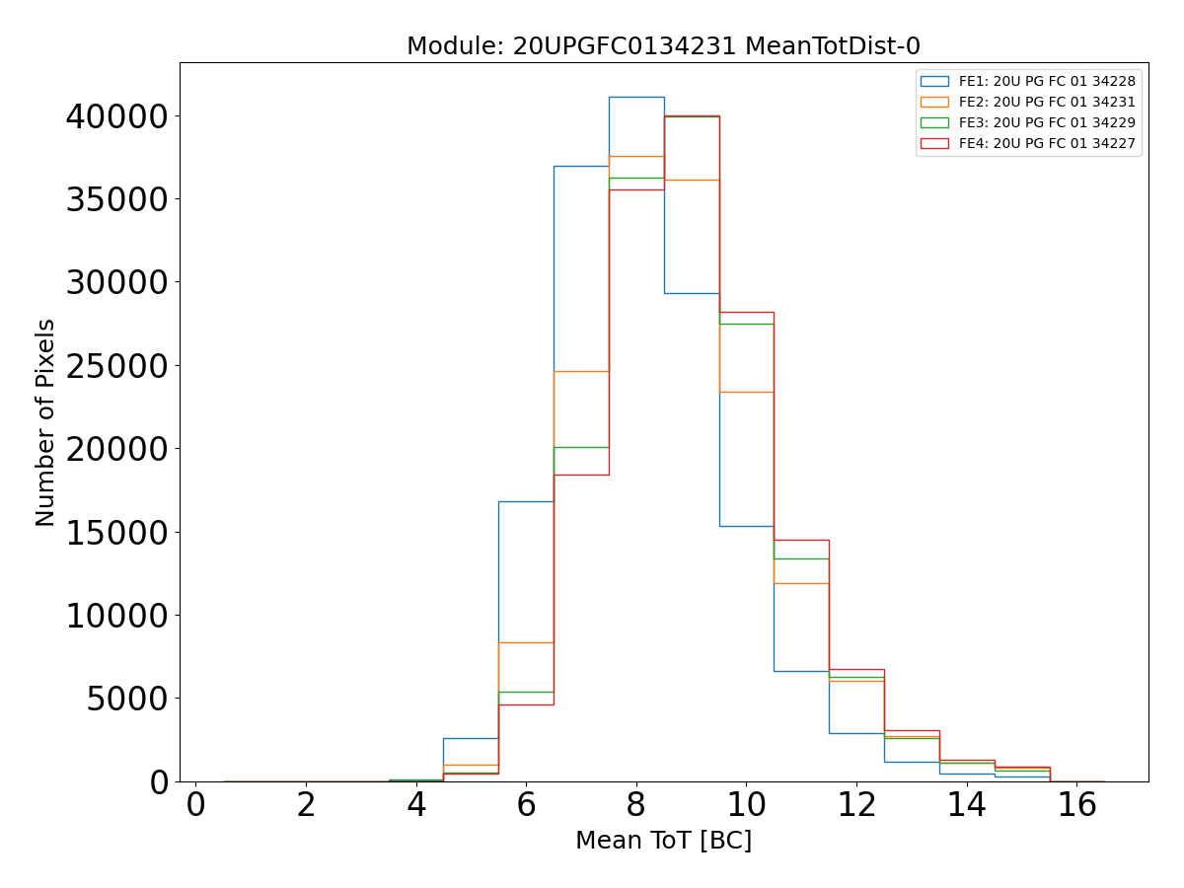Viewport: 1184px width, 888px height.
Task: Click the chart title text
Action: coord(663,45)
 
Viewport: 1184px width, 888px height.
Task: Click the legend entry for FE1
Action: coord(1047,81)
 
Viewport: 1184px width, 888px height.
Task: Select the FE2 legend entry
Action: coord(1047,102)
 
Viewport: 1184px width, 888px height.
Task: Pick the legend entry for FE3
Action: coord(1047,122)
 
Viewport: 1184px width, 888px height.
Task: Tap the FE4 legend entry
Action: coord(1047,143)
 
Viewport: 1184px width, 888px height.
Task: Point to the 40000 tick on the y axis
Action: coord(116,116)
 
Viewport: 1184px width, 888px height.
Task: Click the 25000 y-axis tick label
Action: coord(116,366)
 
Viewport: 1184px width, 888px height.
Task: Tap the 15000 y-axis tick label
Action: coord(116,533)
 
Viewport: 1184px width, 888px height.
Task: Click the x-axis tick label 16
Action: coord(1076,805)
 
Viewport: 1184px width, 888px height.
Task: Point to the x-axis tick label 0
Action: coord(196,805)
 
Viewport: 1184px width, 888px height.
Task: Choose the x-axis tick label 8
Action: coord(636,805)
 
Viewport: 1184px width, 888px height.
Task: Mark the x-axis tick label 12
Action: coord(856,805)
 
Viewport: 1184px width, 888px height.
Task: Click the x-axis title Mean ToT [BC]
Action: coord(663,841)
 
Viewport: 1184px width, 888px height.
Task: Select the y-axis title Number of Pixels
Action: coord(45,422)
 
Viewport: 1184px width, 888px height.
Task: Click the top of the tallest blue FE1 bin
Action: coord(636,97)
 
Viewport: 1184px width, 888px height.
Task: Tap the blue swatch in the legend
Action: coord(933,81)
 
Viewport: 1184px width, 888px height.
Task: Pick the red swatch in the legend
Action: coord(933,143)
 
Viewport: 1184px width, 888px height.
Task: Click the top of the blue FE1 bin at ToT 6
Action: coord(526,501)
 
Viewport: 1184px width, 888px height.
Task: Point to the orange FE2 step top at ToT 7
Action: coord(581,371)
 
